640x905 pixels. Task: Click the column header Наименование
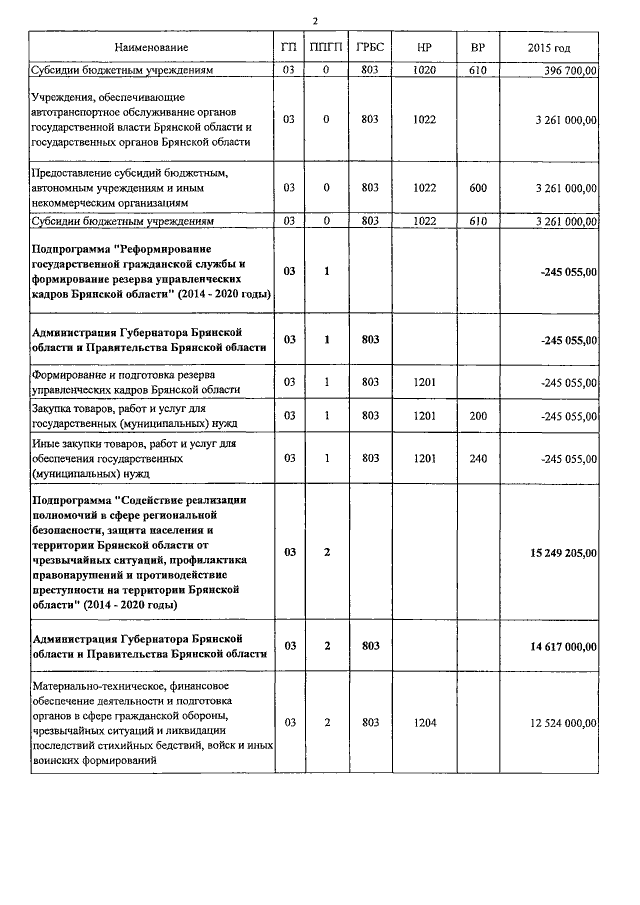(x=151, y=48)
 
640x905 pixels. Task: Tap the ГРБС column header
(x=370, y=48)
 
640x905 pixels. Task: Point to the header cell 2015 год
(x=549, y=48)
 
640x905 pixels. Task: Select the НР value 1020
(x=424, y=70)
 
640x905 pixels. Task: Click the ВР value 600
(x=478, y=187)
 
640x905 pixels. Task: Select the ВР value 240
(x=478, y=458)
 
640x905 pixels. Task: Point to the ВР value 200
(x=478, y=415)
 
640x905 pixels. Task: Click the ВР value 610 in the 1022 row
(x=478, y=221)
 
